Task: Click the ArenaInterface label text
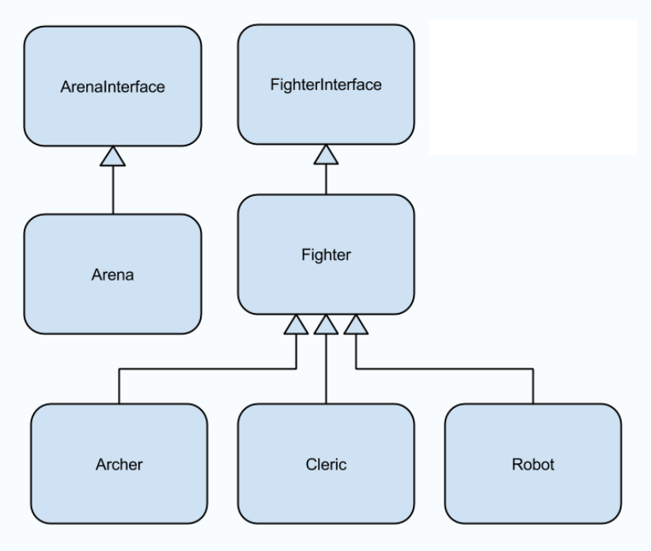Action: [x=112, y=87]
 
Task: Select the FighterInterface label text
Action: [x=326, y=85]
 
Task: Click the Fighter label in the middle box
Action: [x=326, y=255]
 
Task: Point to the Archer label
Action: [x=119, y=464]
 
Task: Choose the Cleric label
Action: [x=326, y=464]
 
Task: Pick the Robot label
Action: [x=532, y=464]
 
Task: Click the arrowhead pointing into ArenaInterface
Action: [x=113, y=157]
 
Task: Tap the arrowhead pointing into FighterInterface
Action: [x=326, y=155]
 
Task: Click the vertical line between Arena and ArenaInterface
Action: [x=113, y=190]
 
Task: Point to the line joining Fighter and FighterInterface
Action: [x=326, y=180]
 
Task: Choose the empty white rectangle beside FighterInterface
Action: [x=532, y=87]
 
